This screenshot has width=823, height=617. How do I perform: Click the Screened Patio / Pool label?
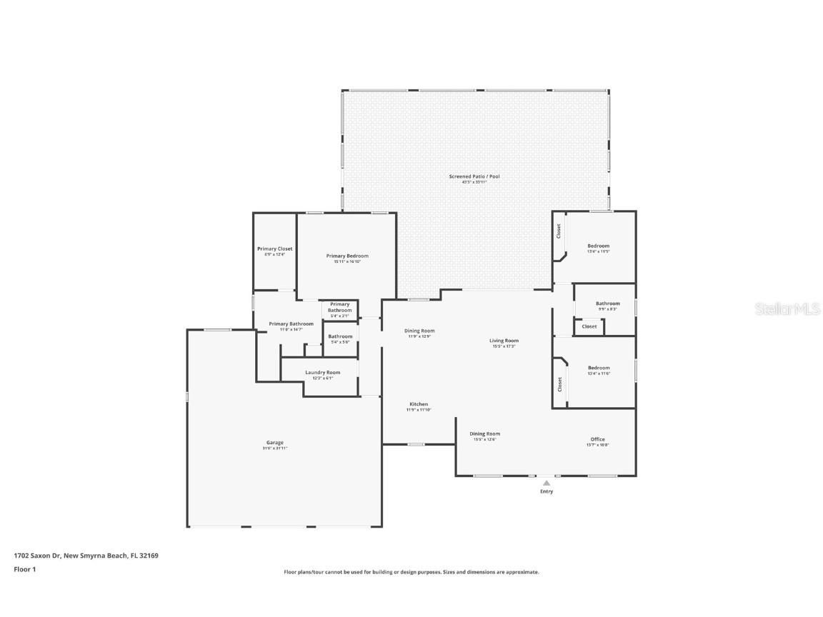pyautogui.click(x=474, y=176)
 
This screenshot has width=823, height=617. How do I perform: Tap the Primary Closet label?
pyautogui.click(x=274, y=249)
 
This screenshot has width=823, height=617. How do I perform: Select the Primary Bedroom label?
pyautogui.click(x=347, y=256)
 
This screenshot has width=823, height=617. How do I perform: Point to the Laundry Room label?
pyautogui.click(x=322, y=372)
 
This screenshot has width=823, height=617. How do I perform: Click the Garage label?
pyautogui.click(x=275, y=443)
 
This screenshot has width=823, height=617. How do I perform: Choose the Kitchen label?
pyautogui.click(x=419, y=404)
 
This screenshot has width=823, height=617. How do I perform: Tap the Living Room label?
pyautogui.click(x=504, y=341)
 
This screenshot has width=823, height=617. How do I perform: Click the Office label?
pyautogui.click(x=597, y=439)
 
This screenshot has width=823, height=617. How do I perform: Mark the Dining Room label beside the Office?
pyautogui.click(x=484, y=433)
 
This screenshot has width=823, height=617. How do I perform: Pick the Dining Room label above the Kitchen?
pyautogui.click(x=419, y=331)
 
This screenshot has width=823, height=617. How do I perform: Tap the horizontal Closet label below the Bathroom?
pyautogui.click(x=589, y=326)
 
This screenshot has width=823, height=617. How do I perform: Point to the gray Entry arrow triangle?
pyautogui.click(x=547, y=483)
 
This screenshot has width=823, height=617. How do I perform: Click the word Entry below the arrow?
pyautogui.click(x=547, y=491)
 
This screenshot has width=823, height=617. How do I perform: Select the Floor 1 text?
pyautogui.click(x=24, y=569)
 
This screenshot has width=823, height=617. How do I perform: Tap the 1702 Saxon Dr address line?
pyautogui.click(x=86, y=555)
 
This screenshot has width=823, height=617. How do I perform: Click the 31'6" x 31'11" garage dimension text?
pyautogui.click(x=275, y=448)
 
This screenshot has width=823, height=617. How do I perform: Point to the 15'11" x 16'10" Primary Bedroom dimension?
pyautogui.click(x=347, y=261)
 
